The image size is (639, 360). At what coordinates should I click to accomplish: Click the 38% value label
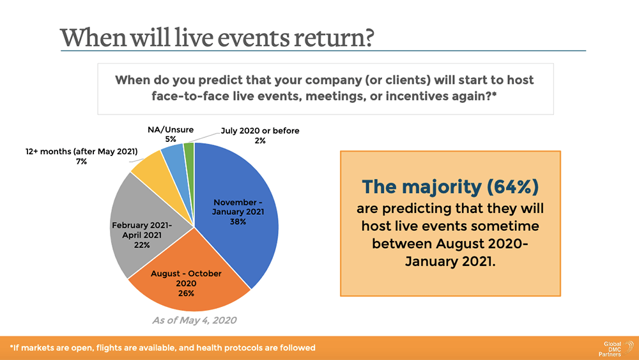point(238,222)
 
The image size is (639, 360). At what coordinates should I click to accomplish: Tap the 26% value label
point(186,293)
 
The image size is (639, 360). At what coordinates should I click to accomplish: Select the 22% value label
point(142,245)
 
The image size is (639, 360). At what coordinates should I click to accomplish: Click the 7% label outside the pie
point(81,162)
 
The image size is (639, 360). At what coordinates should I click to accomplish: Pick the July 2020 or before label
point(260,131)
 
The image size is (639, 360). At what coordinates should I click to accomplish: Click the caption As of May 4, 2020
point(190,319)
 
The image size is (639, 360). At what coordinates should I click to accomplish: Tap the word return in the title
point(334,36)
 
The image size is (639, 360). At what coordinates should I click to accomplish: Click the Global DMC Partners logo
point(614,348)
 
